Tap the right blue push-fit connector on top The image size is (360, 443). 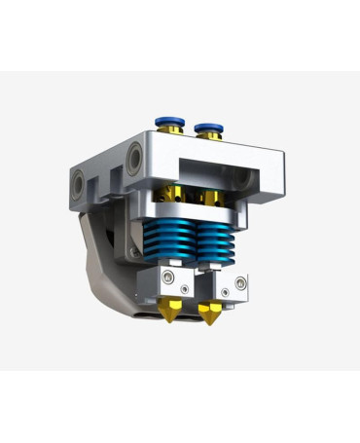coord(207,127)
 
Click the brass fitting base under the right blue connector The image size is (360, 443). coord(208,138)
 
